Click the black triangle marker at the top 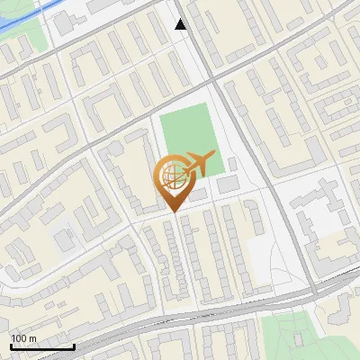click(181, 24)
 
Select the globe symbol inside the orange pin click(171, 177)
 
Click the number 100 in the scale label click(19, 338)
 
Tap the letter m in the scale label click(33, 338)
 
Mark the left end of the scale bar click(10, 346)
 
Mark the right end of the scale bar click(74, 346)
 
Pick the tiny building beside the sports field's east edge click(232, 164)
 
